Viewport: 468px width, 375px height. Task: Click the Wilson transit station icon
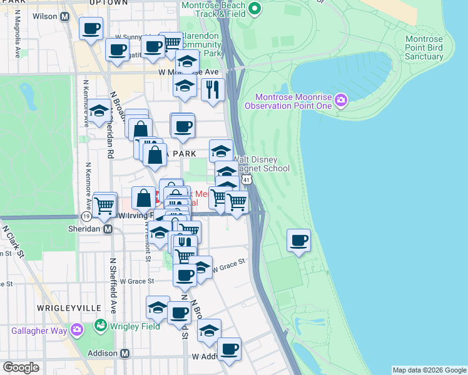pos(64,17)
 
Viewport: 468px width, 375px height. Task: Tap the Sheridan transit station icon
pos(108,229)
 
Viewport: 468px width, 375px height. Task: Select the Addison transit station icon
pos(125,354)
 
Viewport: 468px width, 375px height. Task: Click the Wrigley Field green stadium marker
pos(100,325)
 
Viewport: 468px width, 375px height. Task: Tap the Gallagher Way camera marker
pos(77,329)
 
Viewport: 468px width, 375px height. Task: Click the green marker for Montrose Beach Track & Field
pos(254,8)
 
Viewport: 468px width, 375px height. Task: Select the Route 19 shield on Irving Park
pos(86,216)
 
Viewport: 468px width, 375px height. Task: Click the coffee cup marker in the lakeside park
pos(299,240)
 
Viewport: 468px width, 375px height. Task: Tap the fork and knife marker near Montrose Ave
pos(213,90)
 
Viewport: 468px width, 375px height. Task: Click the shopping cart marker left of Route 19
pos(105,203)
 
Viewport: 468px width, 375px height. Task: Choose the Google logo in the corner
pos(21,367)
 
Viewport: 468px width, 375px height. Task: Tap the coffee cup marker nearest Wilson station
pos(91,28)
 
